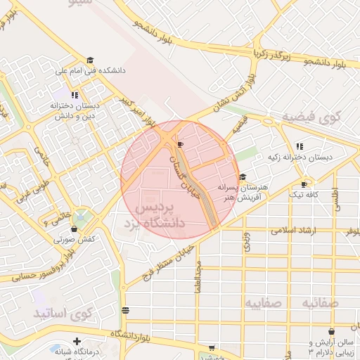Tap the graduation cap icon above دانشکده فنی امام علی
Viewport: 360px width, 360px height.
[89, 60]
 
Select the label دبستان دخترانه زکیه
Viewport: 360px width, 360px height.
[300, 157]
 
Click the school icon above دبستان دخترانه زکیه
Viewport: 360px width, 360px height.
[300, 146]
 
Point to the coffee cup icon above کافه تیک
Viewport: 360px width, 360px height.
[294, 184]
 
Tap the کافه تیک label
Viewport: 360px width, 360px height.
[293, 193]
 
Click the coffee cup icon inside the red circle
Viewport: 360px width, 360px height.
[181, 144]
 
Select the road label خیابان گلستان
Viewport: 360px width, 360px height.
[185, 164]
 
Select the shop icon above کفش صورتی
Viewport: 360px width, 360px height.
[74, 229]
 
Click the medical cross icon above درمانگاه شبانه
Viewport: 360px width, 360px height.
[76, 342]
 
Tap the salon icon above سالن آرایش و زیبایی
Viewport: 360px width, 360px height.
[331, 331]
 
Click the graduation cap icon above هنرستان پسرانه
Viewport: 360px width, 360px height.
[243, 177]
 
